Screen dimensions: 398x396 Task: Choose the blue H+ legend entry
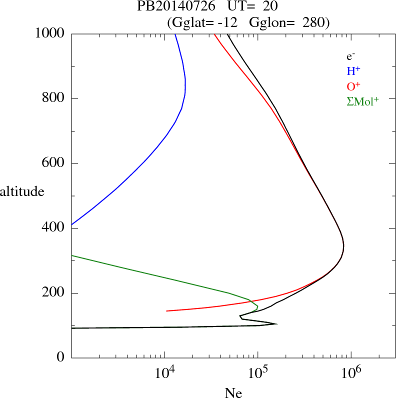click(x=353, y=71)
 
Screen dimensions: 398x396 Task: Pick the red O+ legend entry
click(x=353, y=86)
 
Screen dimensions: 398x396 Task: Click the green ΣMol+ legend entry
click(x=362, y=101)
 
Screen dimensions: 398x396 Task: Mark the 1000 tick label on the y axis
click(x=50, y=33)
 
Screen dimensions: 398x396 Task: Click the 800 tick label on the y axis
click(x=53, y=98)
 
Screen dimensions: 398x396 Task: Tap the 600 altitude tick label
click(x=53, y=163)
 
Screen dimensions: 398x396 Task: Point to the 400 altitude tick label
click(x=53, y=228)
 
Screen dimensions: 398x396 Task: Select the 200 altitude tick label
click(x=53, y=293)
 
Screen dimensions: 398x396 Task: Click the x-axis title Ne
click(x=233, y=393)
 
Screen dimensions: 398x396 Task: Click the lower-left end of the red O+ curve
click(x=166, y=311)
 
